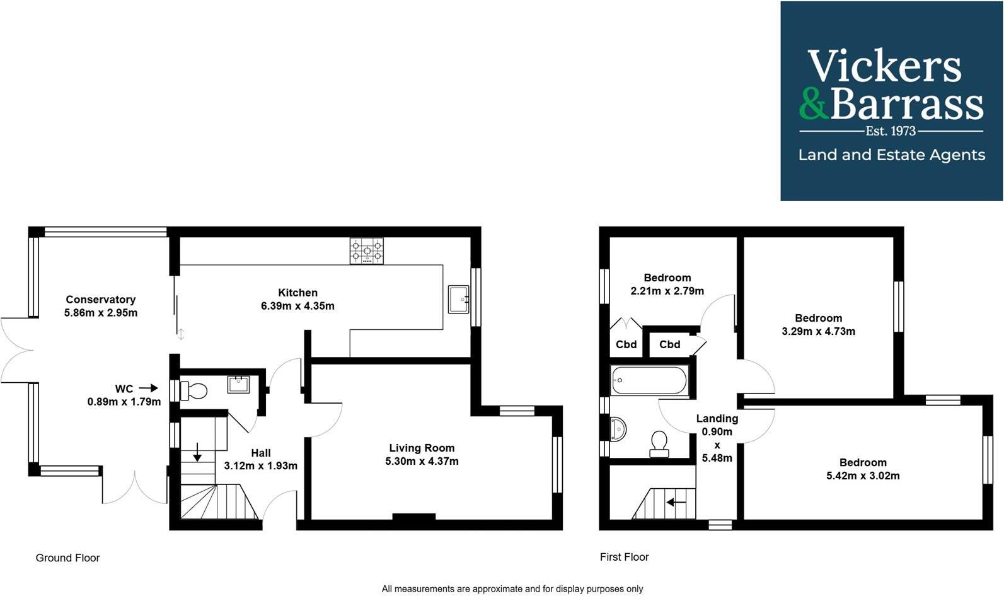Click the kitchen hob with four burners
point(366,250)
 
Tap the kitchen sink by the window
point(458,299)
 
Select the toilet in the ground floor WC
point(194,391)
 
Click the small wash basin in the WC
point(238,384)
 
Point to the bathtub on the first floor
point(649,380)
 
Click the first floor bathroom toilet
point(659,443)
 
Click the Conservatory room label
point(101,300)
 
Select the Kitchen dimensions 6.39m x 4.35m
point(297,307)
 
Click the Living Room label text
point(422,448)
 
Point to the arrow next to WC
point(149,389)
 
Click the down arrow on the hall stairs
point(197,452)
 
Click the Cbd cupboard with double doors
point(626,344)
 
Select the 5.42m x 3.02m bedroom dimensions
point(863,476)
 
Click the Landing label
point(717,419)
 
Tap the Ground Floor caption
point(67,558)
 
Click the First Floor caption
point(624,558)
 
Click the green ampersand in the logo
point(813,104)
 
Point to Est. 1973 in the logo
point(891,131)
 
